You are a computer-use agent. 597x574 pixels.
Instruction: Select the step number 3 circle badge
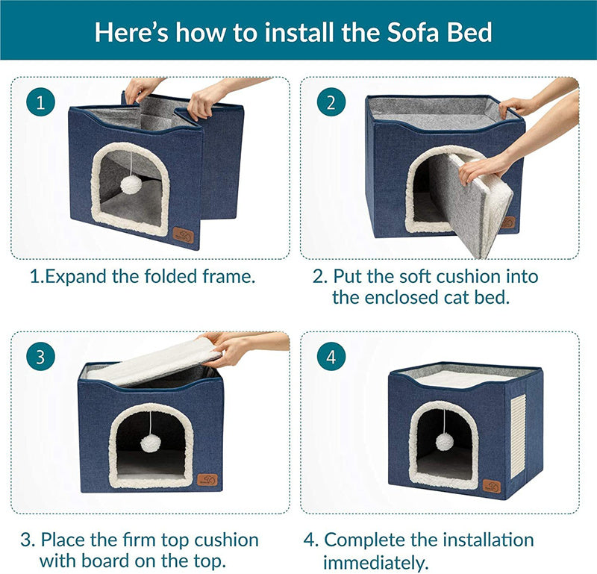(x=40, y=357)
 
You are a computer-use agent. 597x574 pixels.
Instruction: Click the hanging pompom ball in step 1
(x=131, y=184)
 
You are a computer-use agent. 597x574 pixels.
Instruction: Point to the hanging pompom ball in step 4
(x=445, y=441)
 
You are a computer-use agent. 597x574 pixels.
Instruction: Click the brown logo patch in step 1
(x=183, y=235)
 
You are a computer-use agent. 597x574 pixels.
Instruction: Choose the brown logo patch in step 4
(x=491, y=486)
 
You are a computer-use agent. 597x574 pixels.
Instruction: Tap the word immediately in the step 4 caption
(x=375, y=561)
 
